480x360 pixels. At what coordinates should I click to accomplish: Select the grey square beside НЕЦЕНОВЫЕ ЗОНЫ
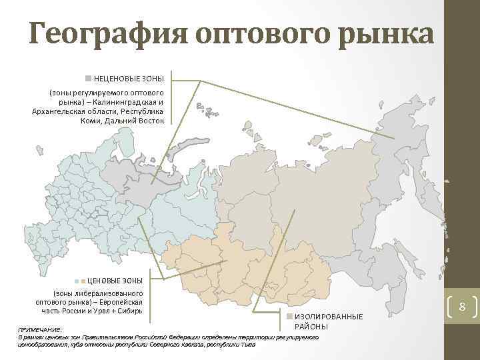88,79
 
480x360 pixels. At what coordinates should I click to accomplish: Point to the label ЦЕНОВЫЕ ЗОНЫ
115,281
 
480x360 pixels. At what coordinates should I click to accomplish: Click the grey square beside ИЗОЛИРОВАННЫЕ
289,316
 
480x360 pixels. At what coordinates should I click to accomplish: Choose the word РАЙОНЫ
311,326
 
